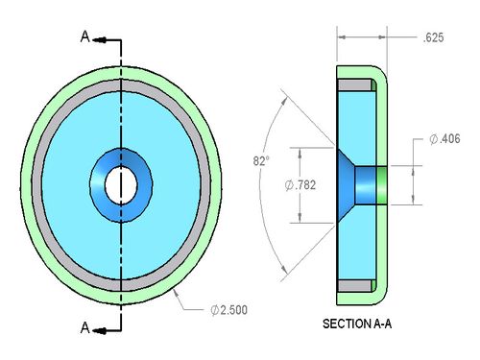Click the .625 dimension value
[x=433, y=37]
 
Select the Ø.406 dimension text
[x=444, y=139]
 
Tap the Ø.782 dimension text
[x=300, y=185]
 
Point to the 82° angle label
[x=261, y=160]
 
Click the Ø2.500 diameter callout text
[x=229, y=310]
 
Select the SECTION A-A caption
[x=357, y=324]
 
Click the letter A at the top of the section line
[x=84, y=36]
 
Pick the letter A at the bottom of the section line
[x=84, y=327]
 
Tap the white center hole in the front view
[x=121, y=185]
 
